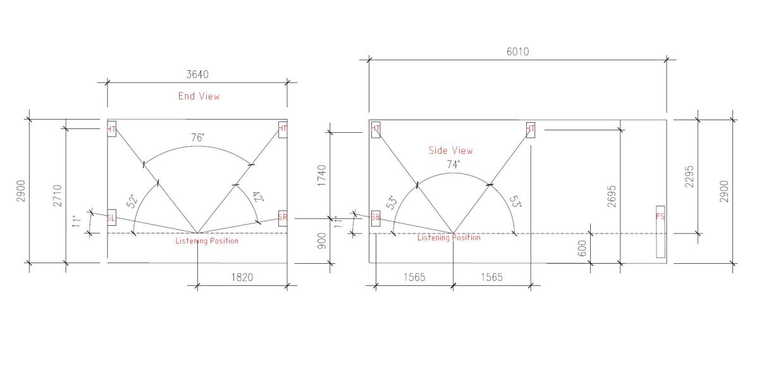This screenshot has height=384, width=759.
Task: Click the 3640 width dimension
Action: click(x=197, y=75)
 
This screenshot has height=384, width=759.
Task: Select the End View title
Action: click(x=199, y=96)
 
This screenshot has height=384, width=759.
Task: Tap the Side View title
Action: click(x=450, y=151)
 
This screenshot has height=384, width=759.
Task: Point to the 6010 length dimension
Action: click(x=517, y=52)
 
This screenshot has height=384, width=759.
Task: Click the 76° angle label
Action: click(x=197, y=137)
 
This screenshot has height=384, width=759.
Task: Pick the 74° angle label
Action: click(x=453, y=164)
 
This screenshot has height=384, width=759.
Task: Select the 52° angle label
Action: click(x=132, y=201)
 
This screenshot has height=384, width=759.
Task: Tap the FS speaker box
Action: click(x=660, y=232)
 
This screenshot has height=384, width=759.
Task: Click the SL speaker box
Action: click(x=111, y=218)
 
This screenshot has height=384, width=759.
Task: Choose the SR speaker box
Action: click(x=283, y=218)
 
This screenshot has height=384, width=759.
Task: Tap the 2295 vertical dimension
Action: click(x=689, y=177)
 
